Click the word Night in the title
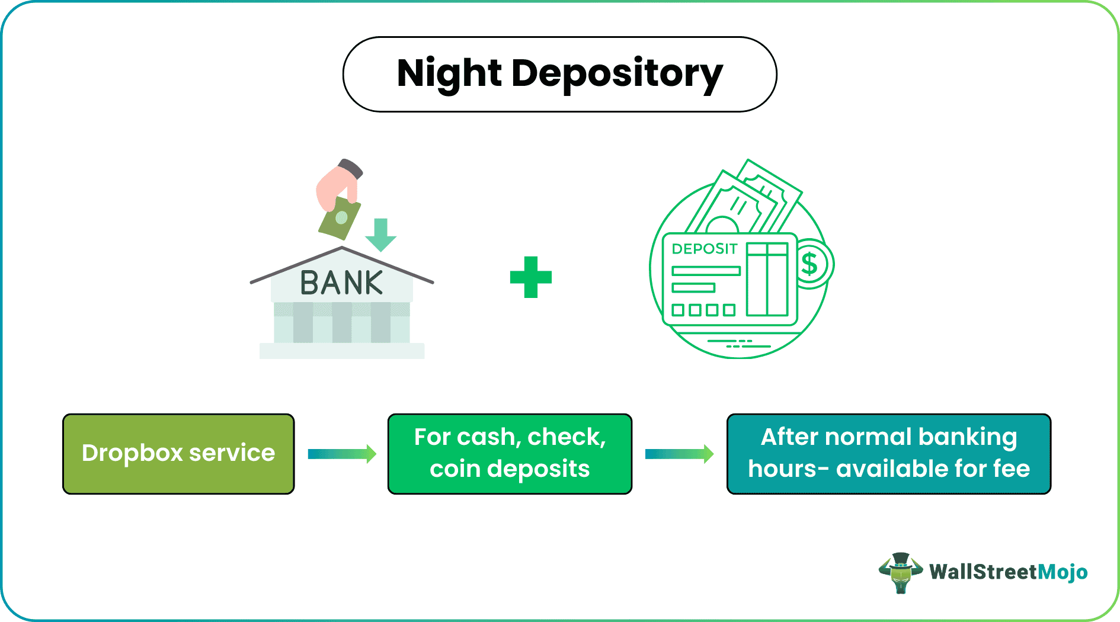(449, 74)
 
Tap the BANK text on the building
(341, 283)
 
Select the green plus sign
(530, 277)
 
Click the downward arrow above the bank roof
(380, 235)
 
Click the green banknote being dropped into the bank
(340, 218)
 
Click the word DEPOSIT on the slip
(704, 249)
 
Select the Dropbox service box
(178, 454)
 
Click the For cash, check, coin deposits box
(510, 454)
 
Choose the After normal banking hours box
(888, 454)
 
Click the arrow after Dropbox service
(342, 454)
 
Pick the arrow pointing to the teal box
(679, 454)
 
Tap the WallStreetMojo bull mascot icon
(900, 572)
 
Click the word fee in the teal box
(1012, 469)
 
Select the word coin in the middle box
(455, 469)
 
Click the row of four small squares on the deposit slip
(703, 310)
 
